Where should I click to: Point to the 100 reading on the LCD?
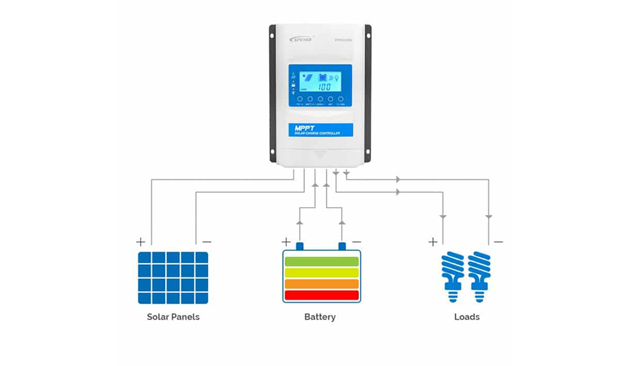click(324, 87)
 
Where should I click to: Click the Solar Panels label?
click(173, 317)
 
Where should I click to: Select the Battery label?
click(320, 317)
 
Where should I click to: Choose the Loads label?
click(466, 317)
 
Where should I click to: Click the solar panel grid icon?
click(173, 277)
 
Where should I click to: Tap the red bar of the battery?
click(322, 295)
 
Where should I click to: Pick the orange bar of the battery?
click(322, 283)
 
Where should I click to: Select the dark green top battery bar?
click(322, 261)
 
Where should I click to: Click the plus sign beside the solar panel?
click(141, 242)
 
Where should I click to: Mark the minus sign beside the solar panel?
click(207, 242)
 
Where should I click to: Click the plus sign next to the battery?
click(287, 242)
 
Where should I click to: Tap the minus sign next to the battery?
click(356, 242)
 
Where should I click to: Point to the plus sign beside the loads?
click(433, 242)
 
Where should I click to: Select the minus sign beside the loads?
click(498, 242)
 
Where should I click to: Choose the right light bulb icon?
click(480, 275)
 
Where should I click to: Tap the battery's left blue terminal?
click(300, 247)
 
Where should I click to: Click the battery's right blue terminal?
click(342, 247)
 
